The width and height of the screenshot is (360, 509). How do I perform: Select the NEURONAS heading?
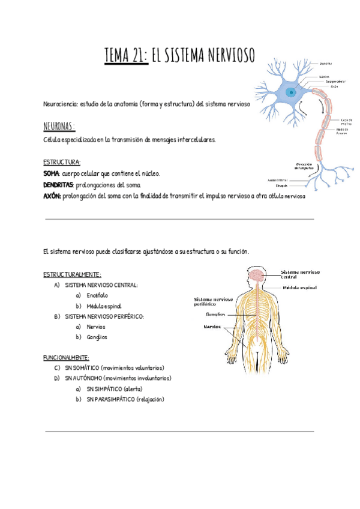[59, 127]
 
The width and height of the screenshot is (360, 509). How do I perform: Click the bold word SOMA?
[52, 173]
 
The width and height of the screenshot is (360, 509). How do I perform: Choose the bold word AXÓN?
[52, 196]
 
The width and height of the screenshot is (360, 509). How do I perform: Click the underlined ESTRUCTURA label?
[62, 162]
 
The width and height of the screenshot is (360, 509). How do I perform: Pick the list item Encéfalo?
[97, 295]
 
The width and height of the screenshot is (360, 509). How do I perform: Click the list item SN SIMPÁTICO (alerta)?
[114, 389]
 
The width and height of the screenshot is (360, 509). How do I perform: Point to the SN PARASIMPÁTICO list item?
[125, 399]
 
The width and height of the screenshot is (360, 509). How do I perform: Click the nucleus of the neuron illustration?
[290, 92]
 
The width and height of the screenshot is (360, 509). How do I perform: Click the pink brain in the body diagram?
[256, 276]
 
